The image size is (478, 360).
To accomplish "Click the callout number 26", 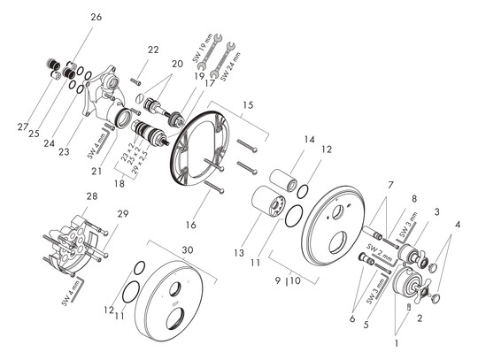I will click(96, 17).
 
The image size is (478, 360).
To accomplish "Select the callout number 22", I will click(153, 50).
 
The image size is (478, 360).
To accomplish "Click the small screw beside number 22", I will click(135, 80).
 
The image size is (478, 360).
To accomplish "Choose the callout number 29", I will click(122, 215).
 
